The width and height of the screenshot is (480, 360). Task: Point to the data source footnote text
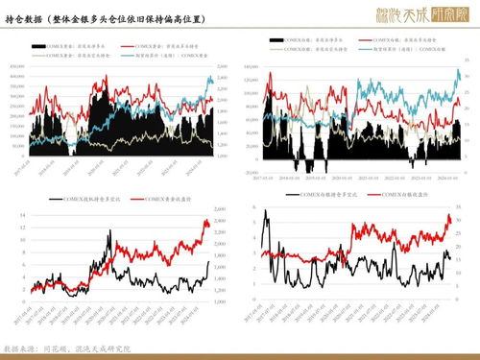pyautogui.click(x=66, y=348)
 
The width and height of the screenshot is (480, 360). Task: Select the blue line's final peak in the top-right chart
pyautogui.click(x=458, y=70)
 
